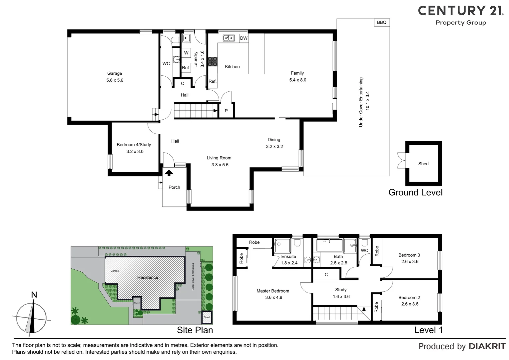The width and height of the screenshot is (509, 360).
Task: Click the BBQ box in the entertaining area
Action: [382, 22]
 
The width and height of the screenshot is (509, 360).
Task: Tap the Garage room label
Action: [115, 73]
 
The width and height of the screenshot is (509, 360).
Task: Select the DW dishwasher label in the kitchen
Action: [244, 38]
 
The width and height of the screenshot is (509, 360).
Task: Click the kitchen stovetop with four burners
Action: [213, 61]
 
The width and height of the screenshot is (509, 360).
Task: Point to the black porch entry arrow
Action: [169, 173]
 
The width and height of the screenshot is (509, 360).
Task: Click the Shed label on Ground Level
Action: [423, 164]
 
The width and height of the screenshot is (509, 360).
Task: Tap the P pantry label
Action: [226, 111]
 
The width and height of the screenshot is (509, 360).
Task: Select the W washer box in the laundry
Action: [186, 53]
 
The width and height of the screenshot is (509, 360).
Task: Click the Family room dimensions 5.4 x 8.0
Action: [298, 80]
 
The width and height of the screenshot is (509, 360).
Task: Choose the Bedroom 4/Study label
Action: [134, 145]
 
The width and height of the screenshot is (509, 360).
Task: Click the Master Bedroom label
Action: [273, 291]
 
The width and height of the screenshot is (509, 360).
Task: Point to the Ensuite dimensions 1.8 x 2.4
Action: [289, 263]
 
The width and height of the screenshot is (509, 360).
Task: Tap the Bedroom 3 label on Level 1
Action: [409, 255]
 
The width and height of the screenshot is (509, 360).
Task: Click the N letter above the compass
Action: [34, 295]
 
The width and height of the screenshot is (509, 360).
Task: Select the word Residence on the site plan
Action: [148, 277]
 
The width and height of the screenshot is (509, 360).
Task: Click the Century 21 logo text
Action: [461, 11]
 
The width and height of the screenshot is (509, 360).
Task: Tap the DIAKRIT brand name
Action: [487, 346]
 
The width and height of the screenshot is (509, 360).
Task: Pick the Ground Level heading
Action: [415, 192]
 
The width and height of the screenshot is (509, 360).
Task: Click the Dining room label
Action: [274, 140]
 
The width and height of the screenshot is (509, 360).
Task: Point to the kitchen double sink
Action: [229, 38]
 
